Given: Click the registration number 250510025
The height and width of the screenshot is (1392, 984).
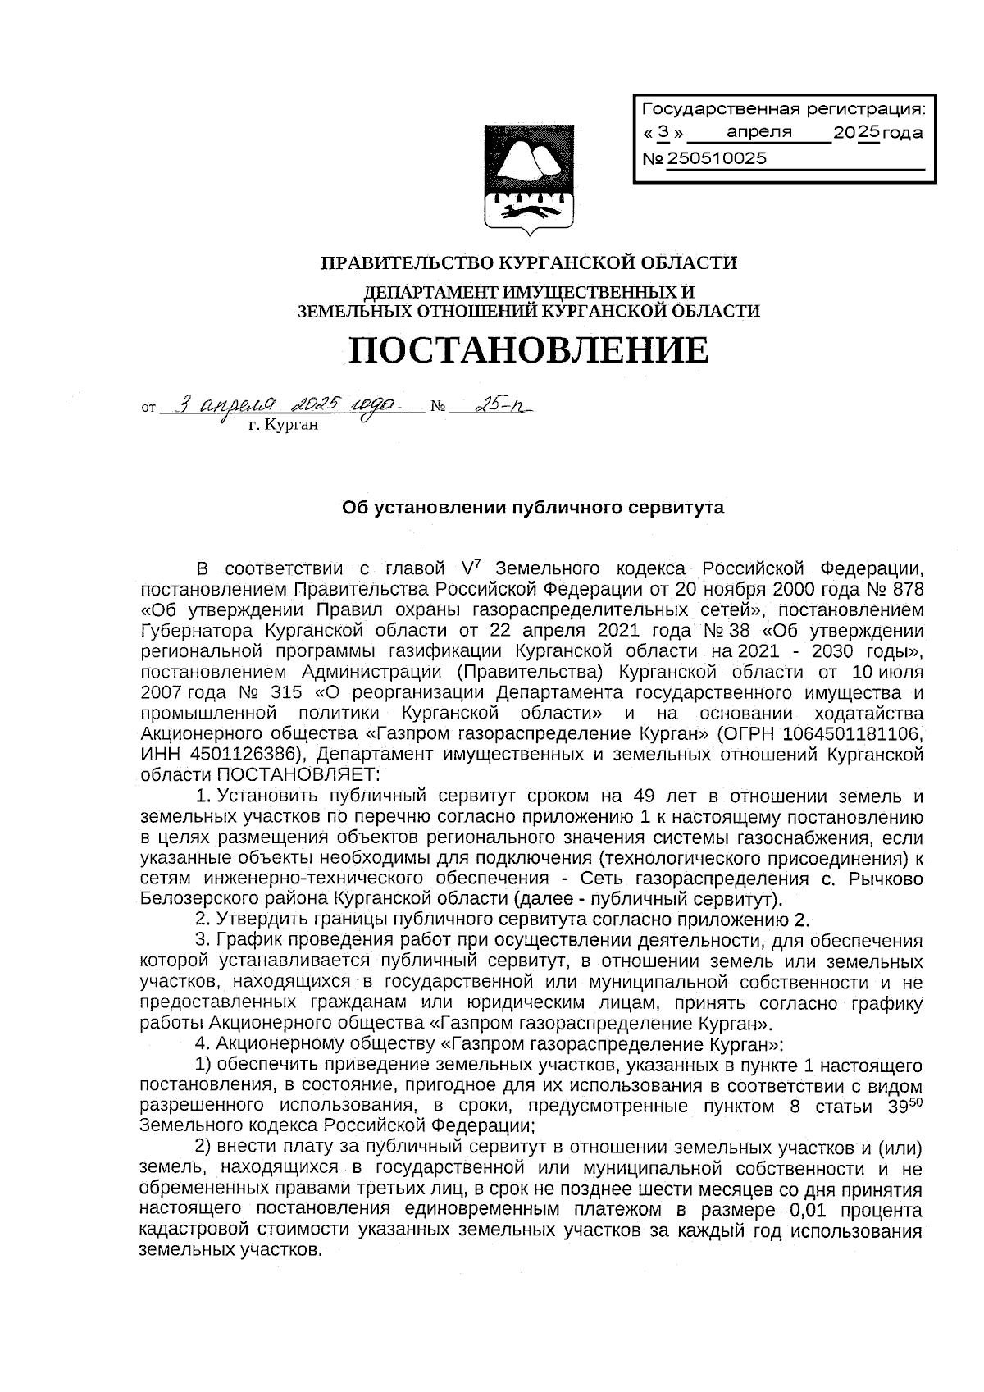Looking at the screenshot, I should [x=717, y=159].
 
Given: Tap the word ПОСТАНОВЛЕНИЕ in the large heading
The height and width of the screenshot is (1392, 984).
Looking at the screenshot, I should [x=528, y=350].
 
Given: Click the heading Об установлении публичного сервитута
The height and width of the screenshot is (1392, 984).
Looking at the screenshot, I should [x=532, y=508].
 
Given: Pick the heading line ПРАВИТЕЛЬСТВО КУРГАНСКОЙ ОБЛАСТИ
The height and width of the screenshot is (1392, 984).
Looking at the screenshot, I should [x=528, y=263].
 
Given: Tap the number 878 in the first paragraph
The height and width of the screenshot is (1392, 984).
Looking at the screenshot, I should [x=906, y=590].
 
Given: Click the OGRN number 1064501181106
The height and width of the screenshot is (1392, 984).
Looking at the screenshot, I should [x=863, y=733].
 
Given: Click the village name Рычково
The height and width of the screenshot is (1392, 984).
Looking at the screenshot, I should [x=886, y=878].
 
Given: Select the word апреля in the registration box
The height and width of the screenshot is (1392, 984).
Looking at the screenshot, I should [x=759, y=132].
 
